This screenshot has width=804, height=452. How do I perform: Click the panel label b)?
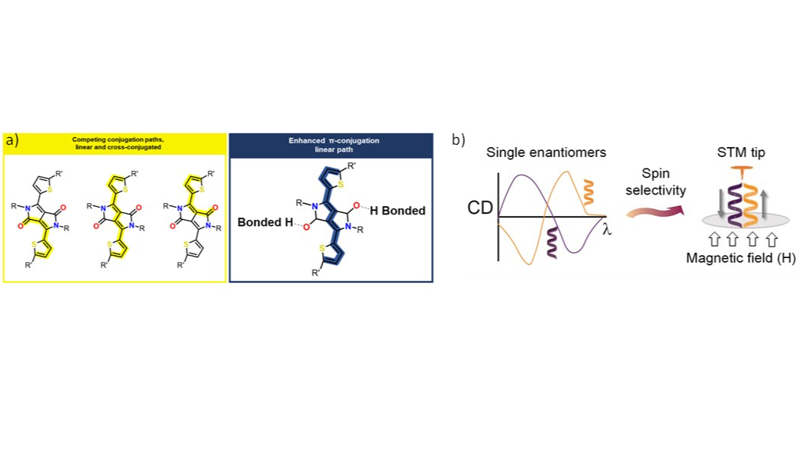pyautogui.click(x=458, y=139)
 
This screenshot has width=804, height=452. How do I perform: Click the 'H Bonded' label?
pyautogui.click(x=397, y=211)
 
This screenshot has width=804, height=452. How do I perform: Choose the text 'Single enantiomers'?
pyautogui.click(x=546, y=152)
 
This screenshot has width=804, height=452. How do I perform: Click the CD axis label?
pyautogui.click(x=480, y=207)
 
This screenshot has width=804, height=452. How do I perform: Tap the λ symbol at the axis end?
pyautogui.click(x=606, y=228)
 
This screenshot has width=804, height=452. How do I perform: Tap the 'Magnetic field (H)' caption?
pyautogui.click(x=741, y=259)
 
